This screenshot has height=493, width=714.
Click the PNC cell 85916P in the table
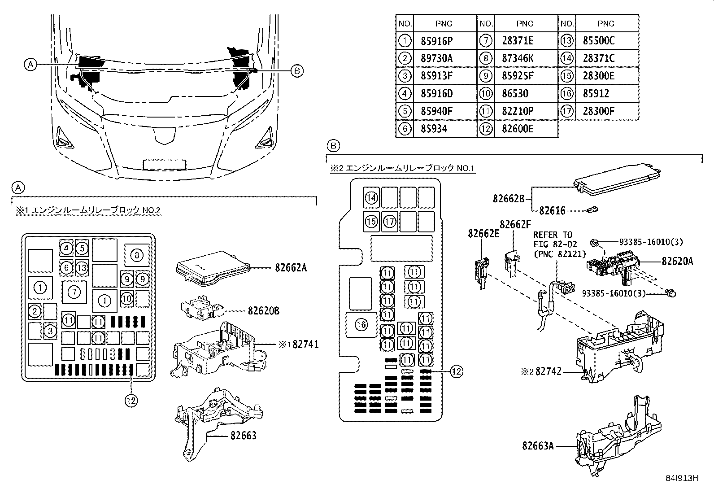pos(436,41)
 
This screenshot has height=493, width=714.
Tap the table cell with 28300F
pos(598,111)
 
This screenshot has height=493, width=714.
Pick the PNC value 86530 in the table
pos(515,94)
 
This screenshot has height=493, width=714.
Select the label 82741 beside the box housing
pos(305,345)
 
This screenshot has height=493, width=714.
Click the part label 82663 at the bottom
pos(244,436)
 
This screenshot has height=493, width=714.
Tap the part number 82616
pos(552,210)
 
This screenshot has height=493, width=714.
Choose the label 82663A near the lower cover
pos(538,446)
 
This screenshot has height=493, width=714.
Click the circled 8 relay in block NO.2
pos(137,256)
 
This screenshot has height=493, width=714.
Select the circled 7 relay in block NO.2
pos(74,292)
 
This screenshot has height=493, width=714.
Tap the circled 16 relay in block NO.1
pos(361,325)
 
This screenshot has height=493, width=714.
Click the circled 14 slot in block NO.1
pos(371,197)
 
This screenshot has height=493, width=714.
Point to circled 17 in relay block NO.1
pos(390,222)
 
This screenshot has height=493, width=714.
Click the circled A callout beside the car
pos(30,65)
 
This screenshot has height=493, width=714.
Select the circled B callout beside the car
pos(296,70)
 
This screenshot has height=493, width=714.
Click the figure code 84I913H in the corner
pos(682,478)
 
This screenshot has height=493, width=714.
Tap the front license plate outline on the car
pos(165,164)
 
